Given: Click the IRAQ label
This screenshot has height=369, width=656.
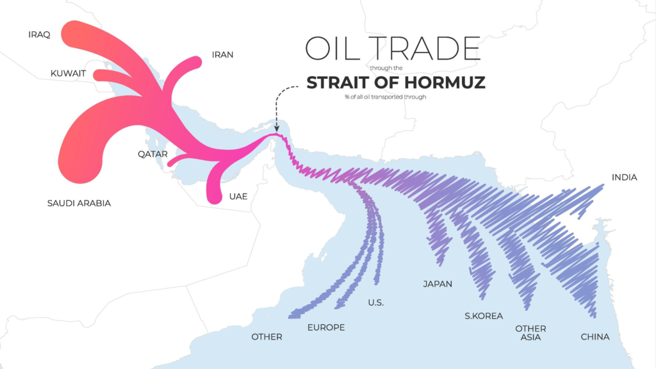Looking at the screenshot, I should (39, 34).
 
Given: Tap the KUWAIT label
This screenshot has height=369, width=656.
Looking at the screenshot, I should (68, 74).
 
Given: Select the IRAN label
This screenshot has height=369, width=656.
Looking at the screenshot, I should (222, 54).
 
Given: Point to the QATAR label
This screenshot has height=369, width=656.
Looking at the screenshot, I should (152, 154).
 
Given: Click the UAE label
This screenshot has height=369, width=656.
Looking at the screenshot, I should (238, 196).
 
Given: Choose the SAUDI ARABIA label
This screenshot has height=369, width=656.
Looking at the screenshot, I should (79, 203).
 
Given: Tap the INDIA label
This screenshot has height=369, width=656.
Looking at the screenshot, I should (625, 177).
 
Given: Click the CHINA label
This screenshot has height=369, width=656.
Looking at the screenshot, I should (594, 337).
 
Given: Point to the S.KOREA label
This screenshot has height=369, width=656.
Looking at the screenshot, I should (484, 316).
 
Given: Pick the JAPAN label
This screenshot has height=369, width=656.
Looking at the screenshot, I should (438, 284).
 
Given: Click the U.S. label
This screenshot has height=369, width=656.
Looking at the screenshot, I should (376, 302).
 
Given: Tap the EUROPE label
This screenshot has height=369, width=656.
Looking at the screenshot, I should (326, 327).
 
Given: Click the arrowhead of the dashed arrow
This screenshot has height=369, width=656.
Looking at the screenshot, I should (276, 130).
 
